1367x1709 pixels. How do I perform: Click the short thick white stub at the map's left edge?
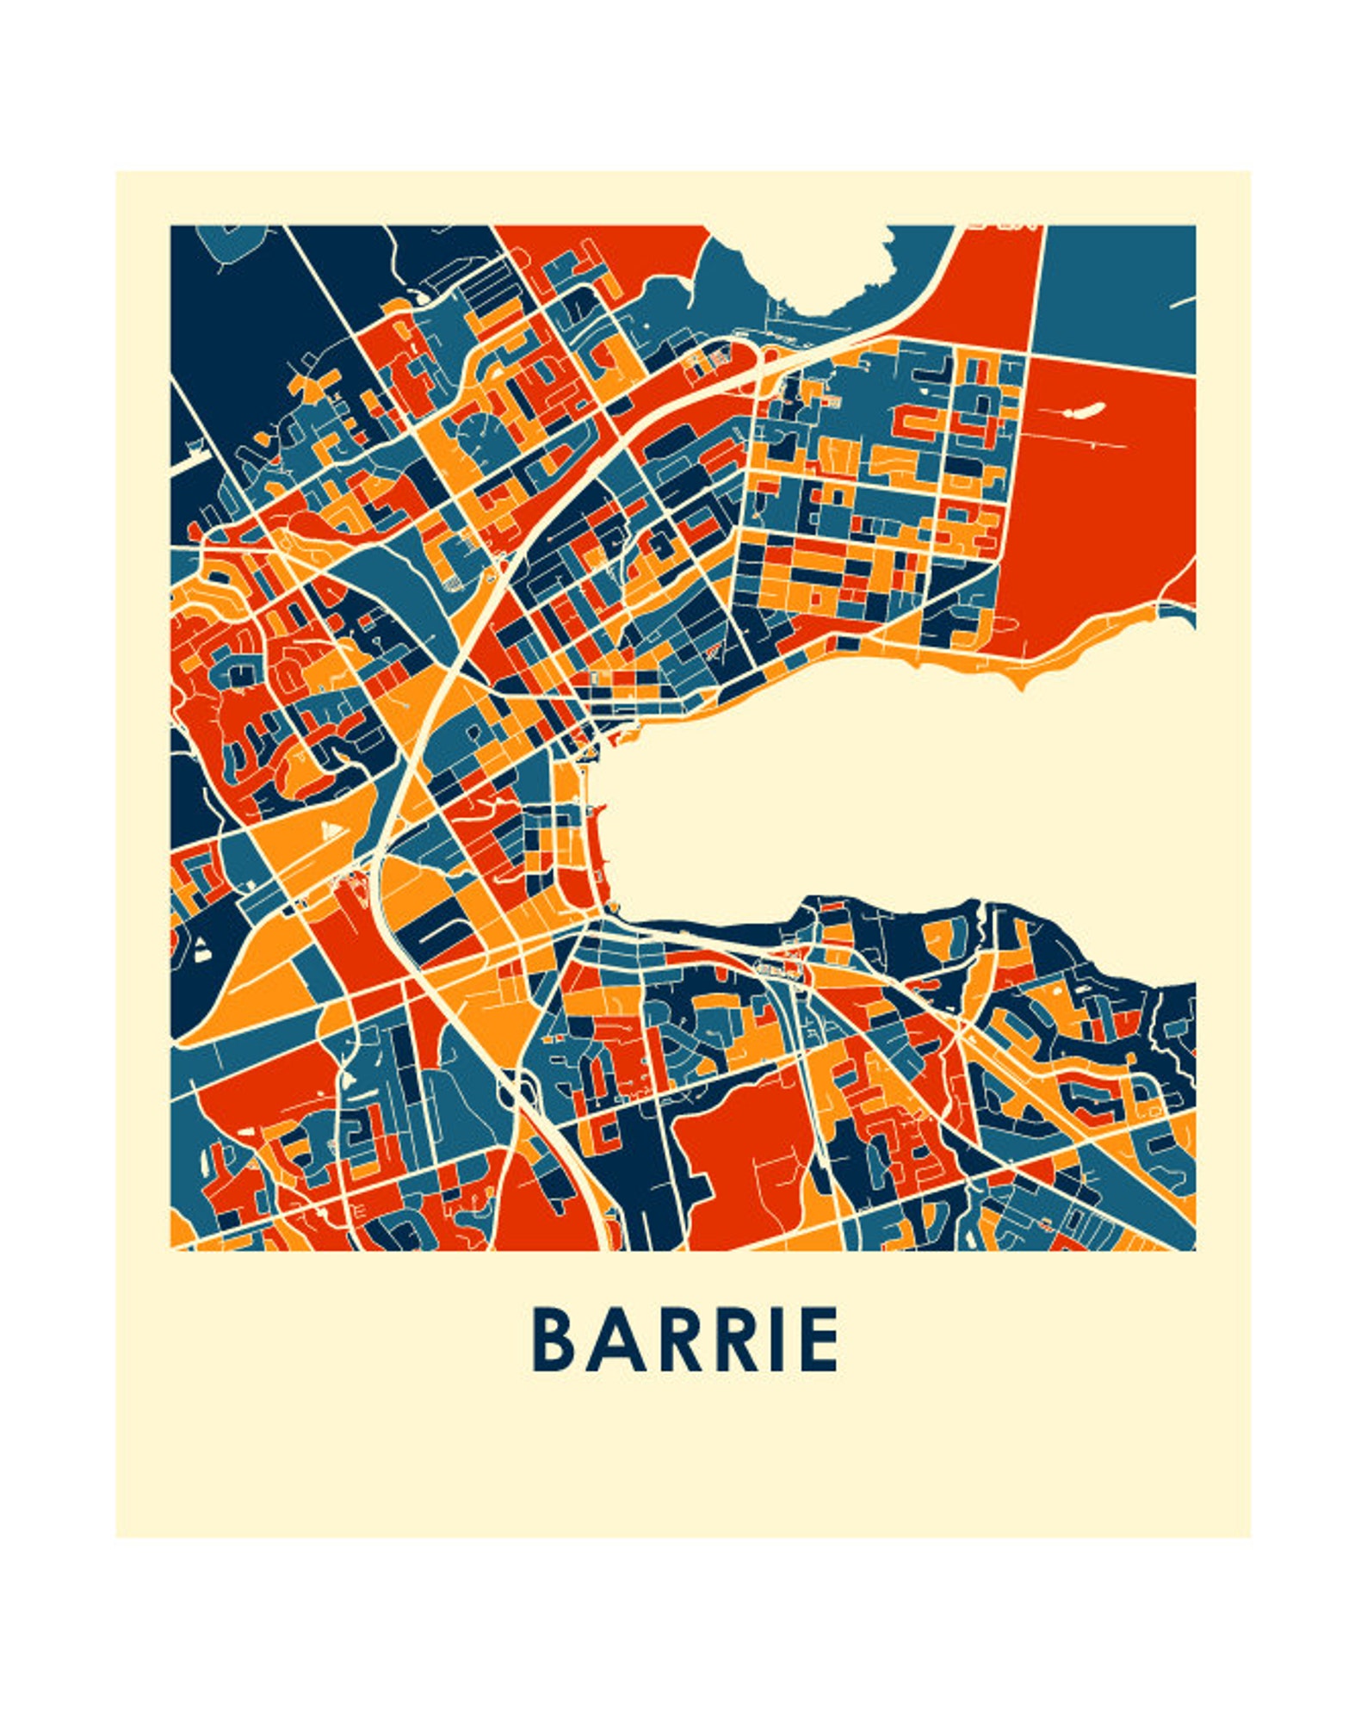[x=191, y=459]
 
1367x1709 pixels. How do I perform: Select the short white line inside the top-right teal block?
[x=1182, y=302]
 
